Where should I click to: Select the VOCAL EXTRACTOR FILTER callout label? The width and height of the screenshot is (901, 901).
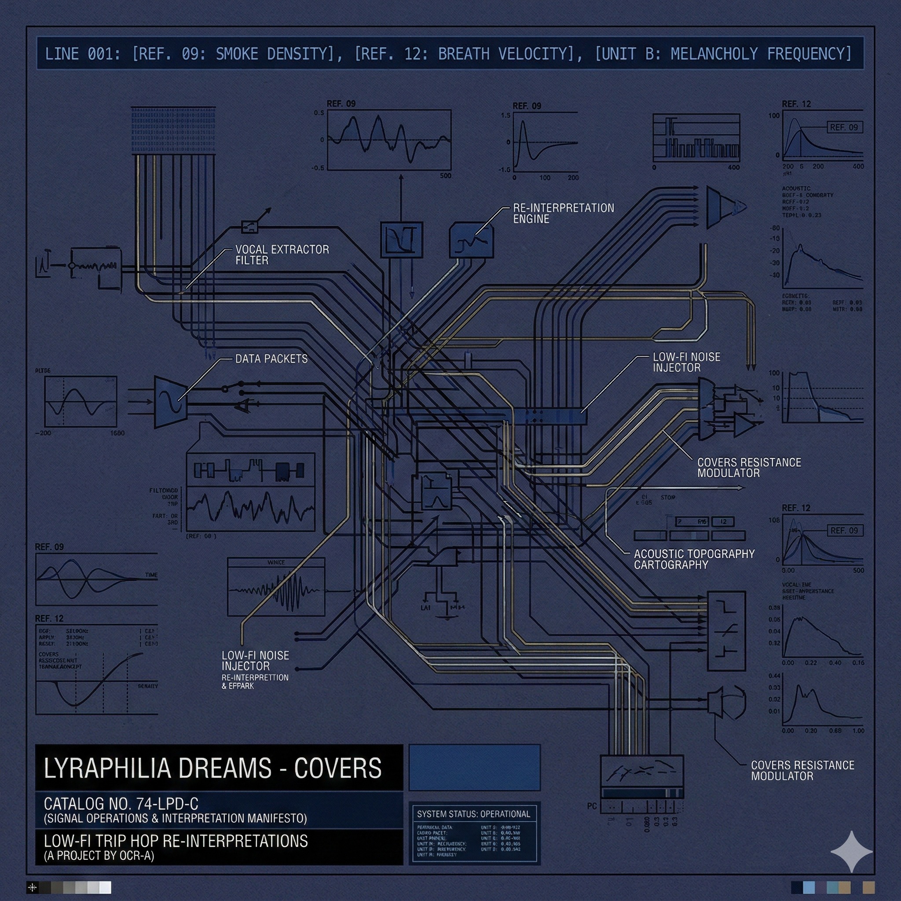282,255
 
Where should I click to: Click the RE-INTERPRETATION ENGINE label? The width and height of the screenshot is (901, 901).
564,213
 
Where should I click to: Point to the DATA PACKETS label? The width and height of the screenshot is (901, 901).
271,359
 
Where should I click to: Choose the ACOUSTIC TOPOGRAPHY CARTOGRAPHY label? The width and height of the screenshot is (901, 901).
693,559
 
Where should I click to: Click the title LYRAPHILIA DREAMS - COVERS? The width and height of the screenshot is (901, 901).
212,768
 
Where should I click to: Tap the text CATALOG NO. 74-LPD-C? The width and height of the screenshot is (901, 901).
121,803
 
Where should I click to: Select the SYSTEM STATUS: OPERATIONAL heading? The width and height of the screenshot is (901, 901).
473,814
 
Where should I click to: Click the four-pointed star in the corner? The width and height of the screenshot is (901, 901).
851,852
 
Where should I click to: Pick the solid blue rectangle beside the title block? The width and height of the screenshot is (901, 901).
474,768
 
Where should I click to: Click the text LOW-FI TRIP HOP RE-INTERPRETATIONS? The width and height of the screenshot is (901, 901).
176,841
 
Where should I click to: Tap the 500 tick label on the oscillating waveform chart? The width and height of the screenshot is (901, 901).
445,176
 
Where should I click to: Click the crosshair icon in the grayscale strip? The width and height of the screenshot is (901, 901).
32,887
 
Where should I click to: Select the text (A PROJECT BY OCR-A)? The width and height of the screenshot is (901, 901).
99,856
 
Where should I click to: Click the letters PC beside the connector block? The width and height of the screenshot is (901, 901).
592,806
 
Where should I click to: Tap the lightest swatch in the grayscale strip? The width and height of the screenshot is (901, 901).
106,887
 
